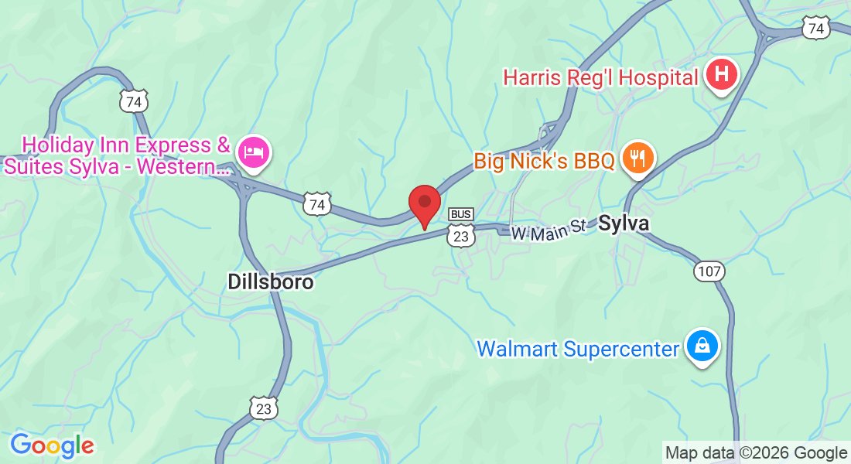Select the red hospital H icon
point(721,75)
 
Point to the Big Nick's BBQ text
point(544,161)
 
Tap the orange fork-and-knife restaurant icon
point(637,159)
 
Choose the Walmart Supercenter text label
point(577,349)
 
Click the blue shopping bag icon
point(702,346)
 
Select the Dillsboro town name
point(271,282)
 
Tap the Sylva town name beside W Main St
point(623,223)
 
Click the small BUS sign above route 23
point(460,214)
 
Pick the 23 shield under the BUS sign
point(460,235)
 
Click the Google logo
point(52,445)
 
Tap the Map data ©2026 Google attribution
point(756,453)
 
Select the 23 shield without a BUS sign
point(264,408)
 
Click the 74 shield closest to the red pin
point(316,204)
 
